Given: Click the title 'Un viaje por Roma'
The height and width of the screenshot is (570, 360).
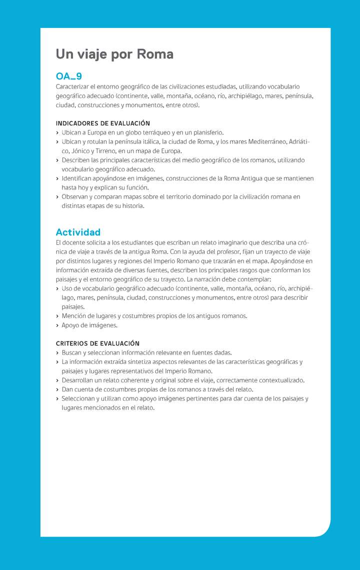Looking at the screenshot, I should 114,54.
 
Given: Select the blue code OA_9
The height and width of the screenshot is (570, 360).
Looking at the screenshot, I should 68,76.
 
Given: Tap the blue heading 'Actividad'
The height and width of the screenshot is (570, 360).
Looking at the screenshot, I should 78,232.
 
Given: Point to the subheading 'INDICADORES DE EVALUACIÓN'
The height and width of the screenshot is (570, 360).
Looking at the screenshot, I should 102,123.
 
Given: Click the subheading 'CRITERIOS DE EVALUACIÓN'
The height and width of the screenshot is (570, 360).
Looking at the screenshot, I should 97,343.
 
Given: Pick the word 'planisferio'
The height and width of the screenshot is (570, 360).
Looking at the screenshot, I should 206,132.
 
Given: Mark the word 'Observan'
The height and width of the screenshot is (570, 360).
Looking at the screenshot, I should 75,197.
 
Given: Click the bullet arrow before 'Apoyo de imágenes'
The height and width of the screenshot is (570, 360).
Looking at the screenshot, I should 57,325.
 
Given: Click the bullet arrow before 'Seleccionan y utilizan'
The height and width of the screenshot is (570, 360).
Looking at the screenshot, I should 57,399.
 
